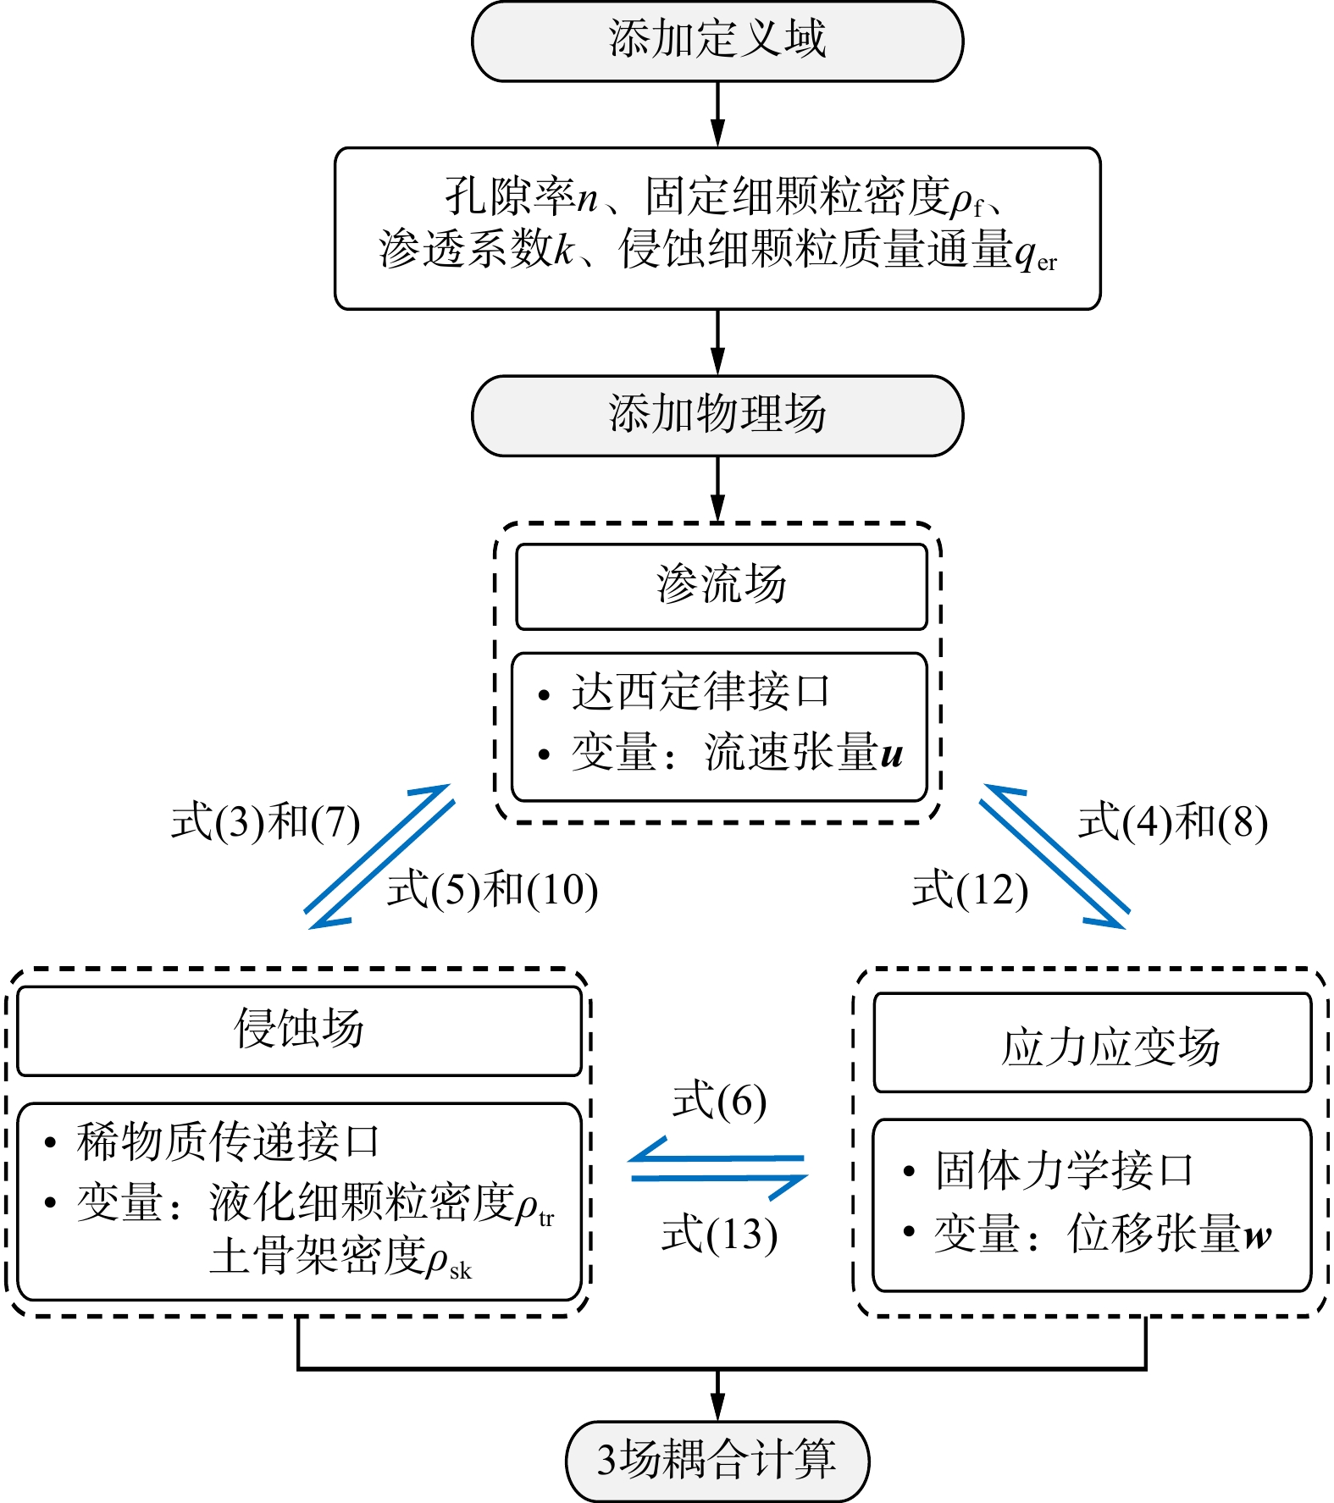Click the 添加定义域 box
click(x=717, y=41)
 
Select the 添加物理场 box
click(x=717, y=416)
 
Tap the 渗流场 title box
click(x=722, y=587)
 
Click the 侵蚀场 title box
click(x=299, y=1031)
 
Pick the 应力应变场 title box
click(x=1093, y=1043)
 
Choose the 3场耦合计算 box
click(x=717, y=1462)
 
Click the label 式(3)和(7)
click(x=266, y=822)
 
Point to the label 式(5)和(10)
click(x=493, y=890)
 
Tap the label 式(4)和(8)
click(x=1173, y=822)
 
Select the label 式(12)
click(x=971, y=890)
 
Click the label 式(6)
click(x=719, y=1102)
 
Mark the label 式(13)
click(x=719, y=1234)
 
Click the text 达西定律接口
click(x=700, y=692)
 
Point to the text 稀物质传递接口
click(x=228, y=1141)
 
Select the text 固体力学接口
click(x=1065, y=1170)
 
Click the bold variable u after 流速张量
click(x=892, y=754)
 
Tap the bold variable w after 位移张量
click(x=1257, y=1235)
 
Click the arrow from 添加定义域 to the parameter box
click(x=717, y=115)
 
